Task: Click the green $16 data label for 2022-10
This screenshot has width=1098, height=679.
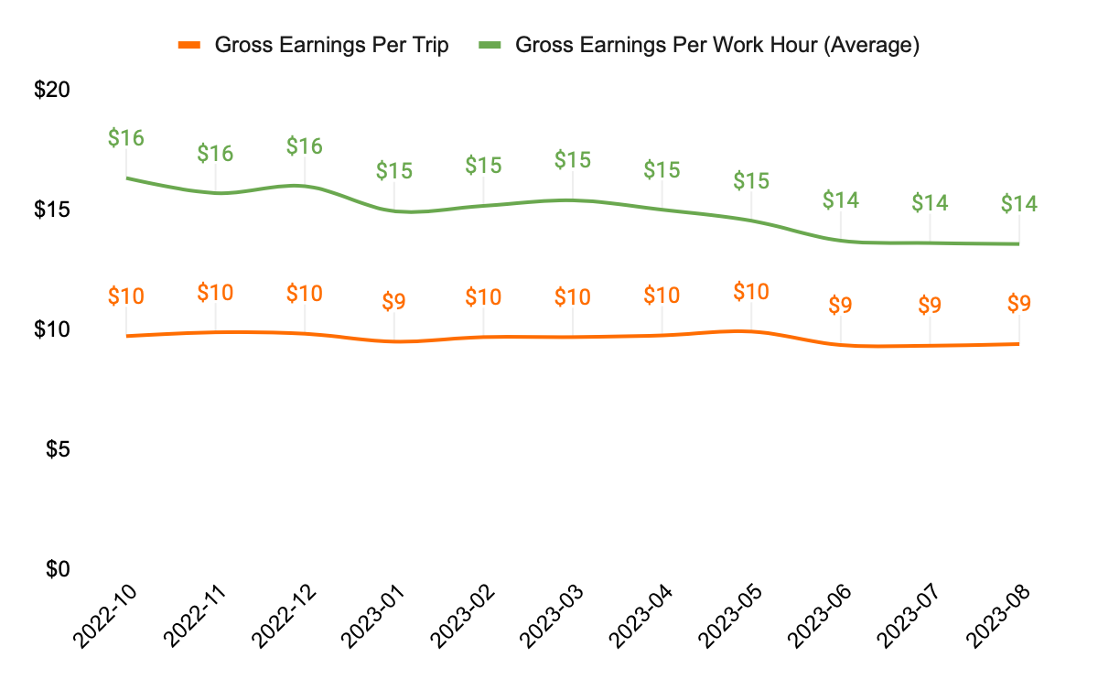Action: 126,138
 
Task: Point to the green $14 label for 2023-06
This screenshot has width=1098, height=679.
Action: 841,199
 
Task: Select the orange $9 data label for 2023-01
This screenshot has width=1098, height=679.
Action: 394,302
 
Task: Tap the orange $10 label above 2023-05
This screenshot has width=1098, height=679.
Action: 751,292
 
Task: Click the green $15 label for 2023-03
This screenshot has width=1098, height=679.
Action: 573,160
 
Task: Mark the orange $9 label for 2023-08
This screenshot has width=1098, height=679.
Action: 1019,304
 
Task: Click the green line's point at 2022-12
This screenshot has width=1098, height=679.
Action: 305,186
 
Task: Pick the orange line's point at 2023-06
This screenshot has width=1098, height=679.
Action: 841,344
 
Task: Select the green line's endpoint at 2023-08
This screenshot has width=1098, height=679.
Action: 1018,243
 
